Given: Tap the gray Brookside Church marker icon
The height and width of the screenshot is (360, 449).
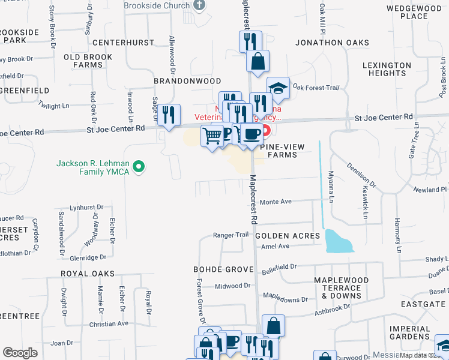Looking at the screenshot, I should [200, 5].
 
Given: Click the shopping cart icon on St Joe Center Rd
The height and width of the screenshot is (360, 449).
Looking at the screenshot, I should [211, 136].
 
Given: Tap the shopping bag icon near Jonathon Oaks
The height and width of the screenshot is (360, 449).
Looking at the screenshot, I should [258, 61].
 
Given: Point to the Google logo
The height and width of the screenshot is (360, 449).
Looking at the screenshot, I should [20, 352].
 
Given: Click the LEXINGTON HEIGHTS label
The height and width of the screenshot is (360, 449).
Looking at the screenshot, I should [387, 69].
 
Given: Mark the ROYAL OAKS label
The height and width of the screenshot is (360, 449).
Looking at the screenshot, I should [86, 273].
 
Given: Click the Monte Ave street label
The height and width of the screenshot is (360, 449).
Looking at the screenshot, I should [275, 202].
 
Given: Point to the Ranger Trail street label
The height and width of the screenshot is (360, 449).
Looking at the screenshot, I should [231, 235].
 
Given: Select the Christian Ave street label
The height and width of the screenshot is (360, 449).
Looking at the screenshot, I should [109, 323].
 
